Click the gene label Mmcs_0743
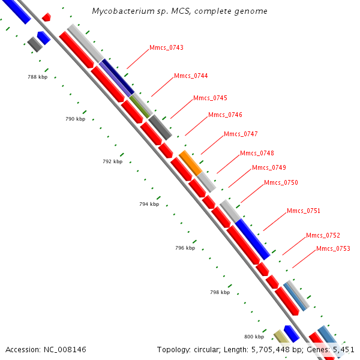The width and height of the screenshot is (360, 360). point(166,47)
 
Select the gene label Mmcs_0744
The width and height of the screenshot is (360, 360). point(191,76)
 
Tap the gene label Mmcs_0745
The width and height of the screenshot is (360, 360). point(210,98)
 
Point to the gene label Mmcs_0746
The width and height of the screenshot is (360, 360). point(225,115)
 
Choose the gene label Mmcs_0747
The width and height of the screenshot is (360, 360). point(241,134)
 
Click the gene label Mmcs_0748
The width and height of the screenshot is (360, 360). point(257,153)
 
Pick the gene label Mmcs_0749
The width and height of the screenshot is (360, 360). point(269,167)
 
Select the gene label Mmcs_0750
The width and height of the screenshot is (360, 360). point(281,182)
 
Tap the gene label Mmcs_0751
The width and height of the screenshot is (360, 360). point(304,211)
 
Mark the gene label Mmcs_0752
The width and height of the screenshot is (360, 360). point(323,235)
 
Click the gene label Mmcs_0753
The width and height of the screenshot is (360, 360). point(333,248)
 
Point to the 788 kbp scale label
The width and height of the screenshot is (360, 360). point(37,77)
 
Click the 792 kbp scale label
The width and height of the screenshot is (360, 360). point(112,161)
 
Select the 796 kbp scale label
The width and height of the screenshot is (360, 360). point(185,248)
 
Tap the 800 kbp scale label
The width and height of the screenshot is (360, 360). point(254,337)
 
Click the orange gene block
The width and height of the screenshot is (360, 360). point(190,163)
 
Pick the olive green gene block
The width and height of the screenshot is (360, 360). point(140,106)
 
